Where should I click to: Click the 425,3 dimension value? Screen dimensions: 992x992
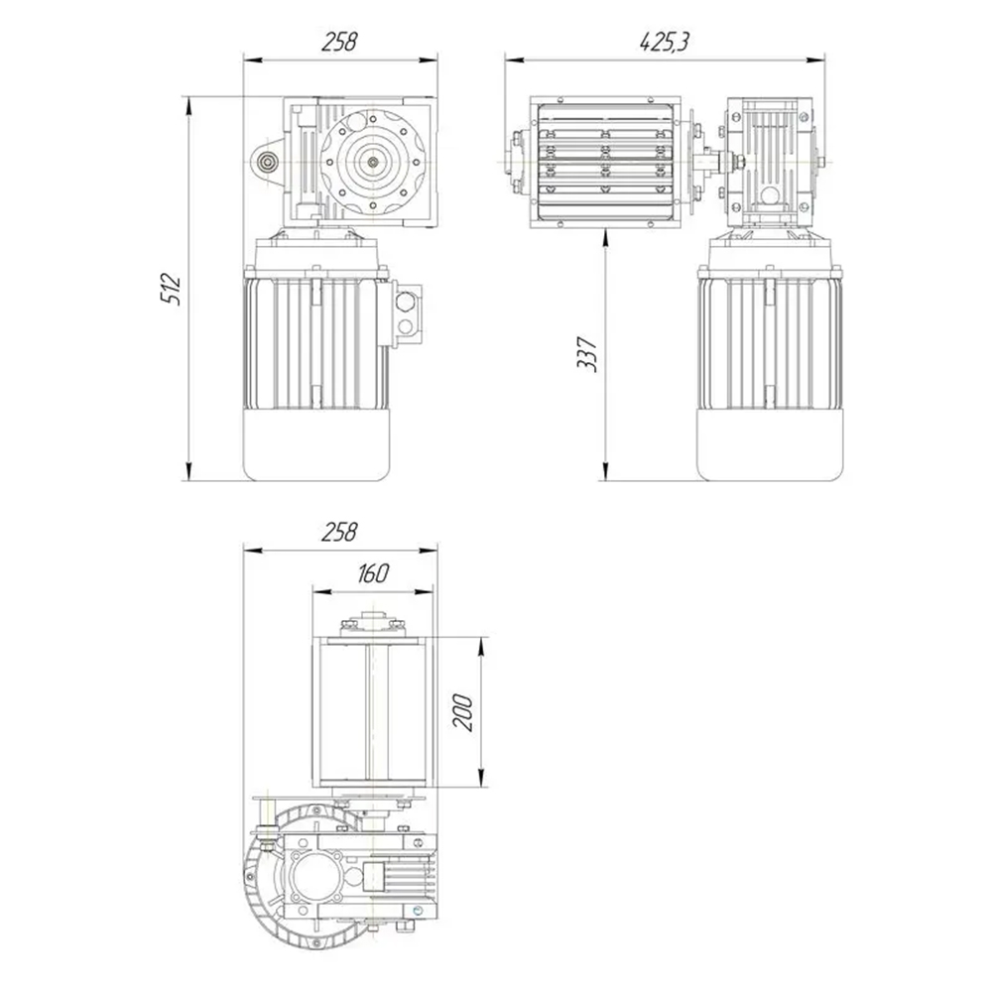pos(665,42)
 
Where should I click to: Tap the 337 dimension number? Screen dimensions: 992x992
pos(587,352)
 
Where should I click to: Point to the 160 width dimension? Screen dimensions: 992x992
pos(372,573)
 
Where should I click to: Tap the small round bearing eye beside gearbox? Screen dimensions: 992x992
pos(266,163)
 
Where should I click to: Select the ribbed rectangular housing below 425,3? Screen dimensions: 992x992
pos(605,161)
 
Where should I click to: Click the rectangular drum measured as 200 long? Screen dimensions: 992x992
pos(370,710)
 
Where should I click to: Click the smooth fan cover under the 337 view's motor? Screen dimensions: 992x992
pos(770,444)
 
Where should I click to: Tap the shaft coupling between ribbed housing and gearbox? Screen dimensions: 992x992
pos(710,160)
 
